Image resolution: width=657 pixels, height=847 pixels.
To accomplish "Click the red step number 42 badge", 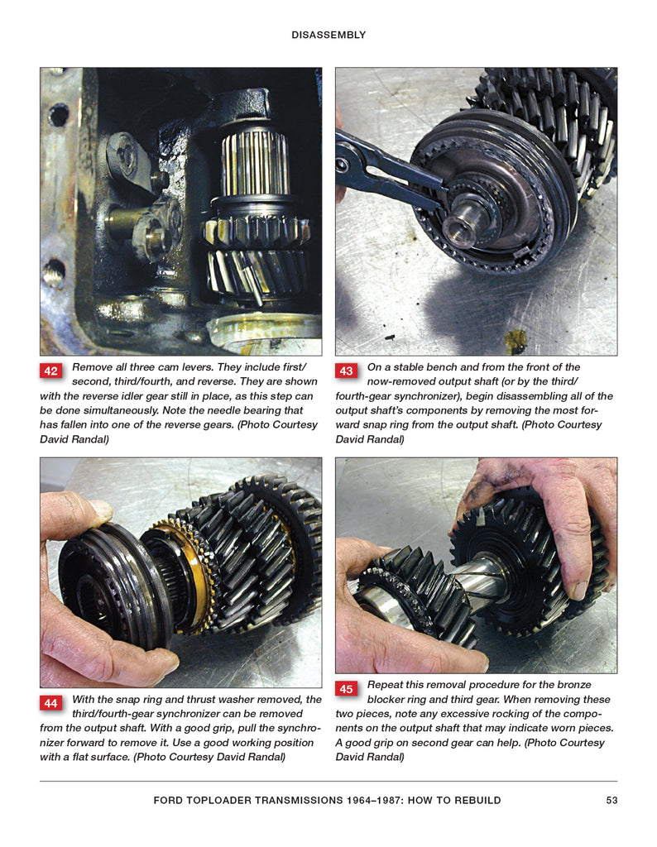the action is click(50, 371).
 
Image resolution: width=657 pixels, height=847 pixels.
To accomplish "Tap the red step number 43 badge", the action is click(346, 371).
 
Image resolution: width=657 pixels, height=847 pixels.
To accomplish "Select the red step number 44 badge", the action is click(50, 703).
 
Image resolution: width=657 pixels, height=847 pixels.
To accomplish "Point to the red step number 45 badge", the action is click(346, 689).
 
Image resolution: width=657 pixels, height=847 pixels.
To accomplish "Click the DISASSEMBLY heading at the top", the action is click(328, 35).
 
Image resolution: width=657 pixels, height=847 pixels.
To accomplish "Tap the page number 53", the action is click(611, 800).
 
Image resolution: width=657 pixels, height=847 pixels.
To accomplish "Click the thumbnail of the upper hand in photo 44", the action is click(100, 509).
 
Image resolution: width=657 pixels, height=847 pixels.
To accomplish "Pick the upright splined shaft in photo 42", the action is click(255, 162).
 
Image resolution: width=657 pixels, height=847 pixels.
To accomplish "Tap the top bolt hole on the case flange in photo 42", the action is click(58, 115).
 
